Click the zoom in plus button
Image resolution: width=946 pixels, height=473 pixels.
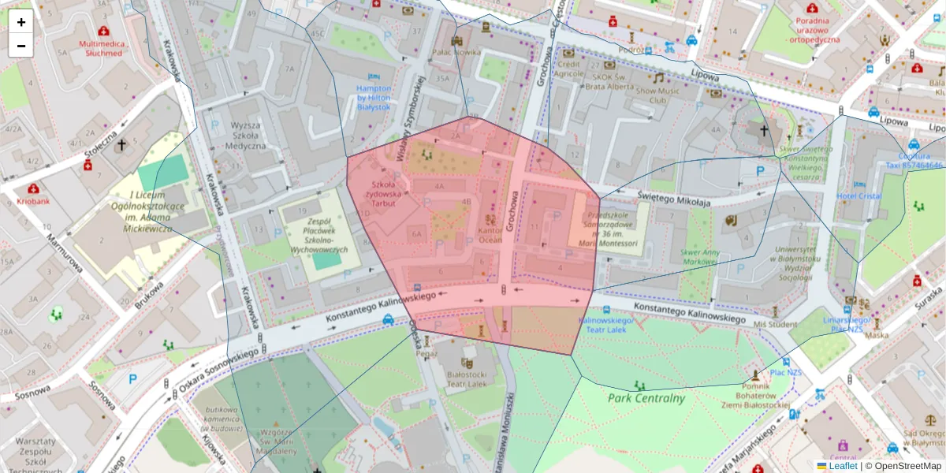(x=21, y=22)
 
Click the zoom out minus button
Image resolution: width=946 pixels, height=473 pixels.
(x=21, y=46)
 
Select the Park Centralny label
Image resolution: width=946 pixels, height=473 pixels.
(x=646, y=398)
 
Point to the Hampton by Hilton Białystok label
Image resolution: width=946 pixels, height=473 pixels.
(x=374, y=97)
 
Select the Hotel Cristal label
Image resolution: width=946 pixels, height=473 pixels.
(x=858, y=196)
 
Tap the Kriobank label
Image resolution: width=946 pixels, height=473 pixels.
(x=33, y=202)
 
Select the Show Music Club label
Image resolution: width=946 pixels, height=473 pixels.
(x=657, y=95)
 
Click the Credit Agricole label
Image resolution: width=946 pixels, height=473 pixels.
(x=568, y=69)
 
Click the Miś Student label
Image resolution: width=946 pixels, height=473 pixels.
(x=776, y=324)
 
